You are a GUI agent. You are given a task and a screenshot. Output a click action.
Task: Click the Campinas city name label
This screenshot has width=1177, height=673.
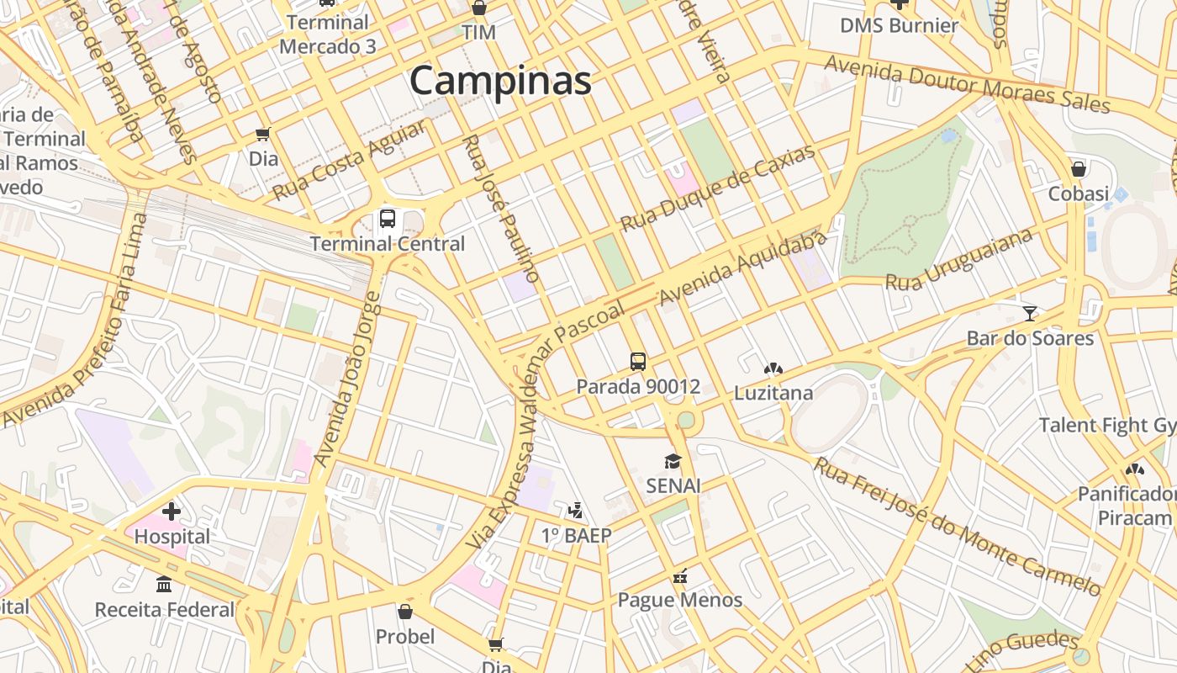[500, 82]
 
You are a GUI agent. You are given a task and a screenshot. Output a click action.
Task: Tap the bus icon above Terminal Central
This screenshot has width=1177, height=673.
[388, 219]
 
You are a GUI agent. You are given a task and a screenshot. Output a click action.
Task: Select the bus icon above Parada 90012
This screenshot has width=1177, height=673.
[638, 362]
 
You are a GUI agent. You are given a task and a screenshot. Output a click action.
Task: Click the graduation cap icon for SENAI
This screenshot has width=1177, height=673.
[673, 461]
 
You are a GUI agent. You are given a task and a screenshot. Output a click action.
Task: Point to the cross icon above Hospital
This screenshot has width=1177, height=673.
[172, 511]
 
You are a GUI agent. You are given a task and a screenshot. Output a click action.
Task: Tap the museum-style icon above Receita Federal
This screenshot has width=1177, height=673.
[164, 584]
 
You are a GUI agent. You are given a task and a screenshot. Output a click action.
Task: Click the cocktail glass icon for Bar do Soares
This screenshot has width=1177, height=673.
[1030, 314]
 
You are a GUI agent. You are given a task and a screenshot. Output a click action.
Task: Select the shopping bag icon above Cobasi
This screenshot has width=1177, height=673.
[1079, 169]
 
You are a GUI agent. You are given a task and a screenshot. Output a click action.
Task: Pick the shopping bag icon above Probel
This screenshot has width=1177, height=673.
[405, 612]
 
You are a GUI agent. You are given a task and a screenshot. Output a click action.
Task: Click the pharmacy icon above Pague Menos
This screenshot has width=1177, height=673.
[680, 576]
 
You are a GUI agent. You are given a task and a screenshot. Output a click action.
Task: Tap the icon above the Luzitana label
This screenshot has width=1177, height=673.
[773, 368]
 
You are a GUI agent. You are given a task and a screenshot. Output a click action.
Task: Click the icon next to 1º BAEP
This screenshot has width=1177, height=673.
[576, 510]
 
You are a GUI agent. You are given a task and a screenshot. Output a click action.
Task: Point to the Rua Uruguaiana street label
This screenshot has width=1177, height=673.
[958, 260]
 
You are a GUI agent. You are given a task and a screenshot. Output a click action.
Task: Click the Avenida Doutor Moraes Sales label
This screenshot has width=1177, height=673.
[967, 84]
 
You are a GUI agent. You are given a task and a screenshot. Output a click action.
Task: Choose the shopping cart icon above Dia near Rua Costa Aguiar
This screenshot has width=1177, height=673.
[263, 134]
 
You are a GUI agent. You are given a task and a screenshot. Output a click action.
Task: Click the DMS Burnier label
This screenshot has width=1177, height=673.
[899, 25]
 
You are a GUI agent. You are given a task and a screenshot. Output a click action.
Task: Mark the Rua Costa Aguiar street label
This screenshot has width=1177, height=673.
[348, 160]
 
